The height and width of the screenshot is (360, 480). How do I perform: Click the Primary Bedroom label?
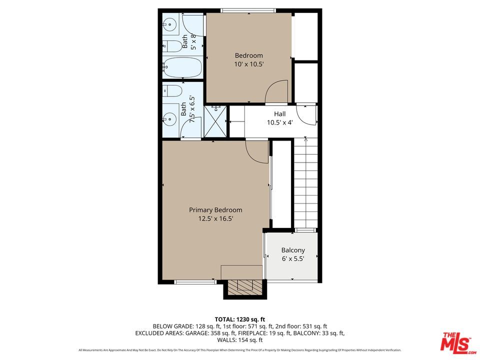(x=215, y=210)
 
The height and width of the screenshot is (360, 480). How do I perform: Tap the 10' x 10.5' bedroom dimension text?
(x=249, y=64)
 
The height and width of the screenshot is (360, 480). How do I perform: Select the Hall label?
(x=279, y=114)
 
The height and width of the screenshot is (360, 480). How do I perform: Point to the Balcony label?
(x=293, y=250)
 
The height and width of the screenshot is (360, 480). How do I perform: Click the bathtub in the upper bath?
(x=182, y=67)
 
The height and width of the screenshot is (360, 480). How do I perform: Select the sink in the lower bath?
(x=169, y=118)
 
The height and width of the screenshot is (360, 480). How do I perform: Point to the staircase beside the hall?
(x=305, y=182)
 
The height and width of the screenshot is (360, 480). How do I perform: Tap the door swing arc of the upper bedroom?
(x=276, y=91)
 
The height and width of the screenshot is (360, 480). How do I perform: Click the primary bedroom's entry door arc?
(x=257, y=152)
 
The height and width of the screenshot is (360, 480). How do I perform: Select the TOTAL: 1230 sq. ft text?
(x=239, y=319)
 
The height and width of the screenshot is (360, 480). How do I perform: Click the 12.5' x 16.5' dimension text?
(x=215, y=218)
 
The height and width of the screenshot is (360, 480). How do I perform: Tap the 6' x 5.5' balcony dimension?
(x=293, y=258)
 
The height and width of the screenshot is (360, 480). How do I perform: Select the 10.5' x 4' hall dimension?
(x=279, y=122)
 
